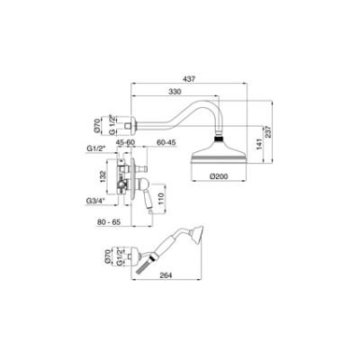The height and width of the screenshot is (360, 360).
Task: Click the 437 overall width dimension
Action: [x=189, y=79]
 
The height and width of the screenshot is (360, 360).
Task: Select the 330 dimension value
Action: [x=175, y=92]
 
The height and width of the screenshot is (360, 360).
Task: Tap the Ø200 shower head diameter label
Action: [x=219, y=176]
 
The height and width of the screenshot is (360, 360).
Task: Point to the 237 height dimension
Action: [x=268, y=131]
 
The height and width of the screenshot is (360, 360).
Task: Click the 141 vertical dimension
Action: [x=260, y=143]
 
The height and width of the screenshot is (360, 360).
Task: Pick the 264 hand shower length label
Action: [x=166, y=275]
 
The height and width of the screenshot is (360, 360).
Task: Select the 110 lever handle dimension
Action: [x=160, y=199]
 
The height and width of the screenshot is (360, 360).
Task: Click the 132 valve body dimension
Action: [x=103, y=176]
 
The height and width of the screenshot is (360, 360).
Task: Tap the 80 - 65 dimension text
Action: [x=109, y=222]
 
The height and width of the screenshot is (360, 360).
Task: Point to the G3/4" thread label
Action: [x=94, y=201]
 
